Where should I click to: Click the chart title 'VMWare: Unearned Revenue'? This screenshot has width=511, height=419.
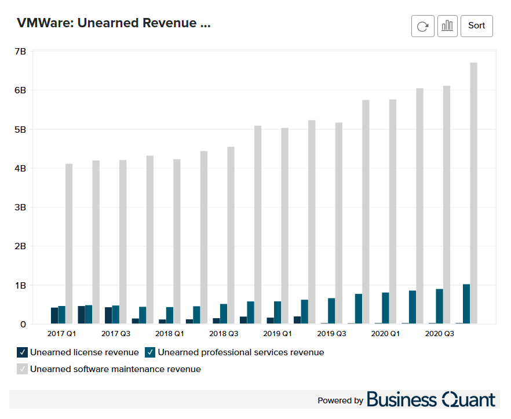pos(114,23)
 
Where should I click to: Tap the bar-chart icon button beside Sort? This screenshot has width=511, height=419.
pos(447,26)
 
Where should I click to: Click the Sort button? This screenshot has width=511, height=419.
pos(476,26)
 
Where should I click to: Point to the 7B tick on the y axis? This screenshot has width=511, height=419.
pos(20,52)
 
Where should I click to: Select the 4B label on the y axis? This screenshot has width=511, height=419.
pos(20,169)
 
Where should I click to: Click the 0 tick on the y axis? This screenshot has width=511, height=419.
pos(23,325)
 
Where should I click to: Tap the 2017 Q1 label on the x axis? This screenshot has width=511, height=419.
pos(61,334)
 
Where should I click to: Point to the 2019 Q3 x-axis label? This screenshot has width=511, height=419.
pos(331,334)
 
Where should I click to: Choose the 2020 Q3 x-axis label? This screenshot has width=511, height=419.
pos(439,334)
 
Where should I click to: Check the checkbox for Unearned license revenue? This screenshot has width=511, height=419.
pos(22,352)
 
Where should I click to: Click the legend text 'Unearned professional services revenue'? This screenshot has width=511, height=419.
pos(240,352)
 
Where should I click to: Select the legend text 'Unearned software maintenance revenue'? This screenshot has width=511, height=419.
pos(115,369)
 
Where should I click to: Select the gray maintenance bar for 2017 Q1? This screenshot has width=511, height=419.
pos(69,243)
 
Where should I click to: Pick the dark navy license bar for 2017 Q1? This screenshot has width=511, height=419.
pos(54,315)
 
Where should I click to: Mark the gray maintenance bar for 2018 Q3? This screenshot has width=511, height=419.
pos(231,235)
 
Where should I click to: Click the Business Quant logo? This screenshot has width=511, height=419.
pos(431,399)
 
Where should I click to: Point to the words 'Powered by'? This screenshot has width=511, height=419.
pos(340,400)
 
